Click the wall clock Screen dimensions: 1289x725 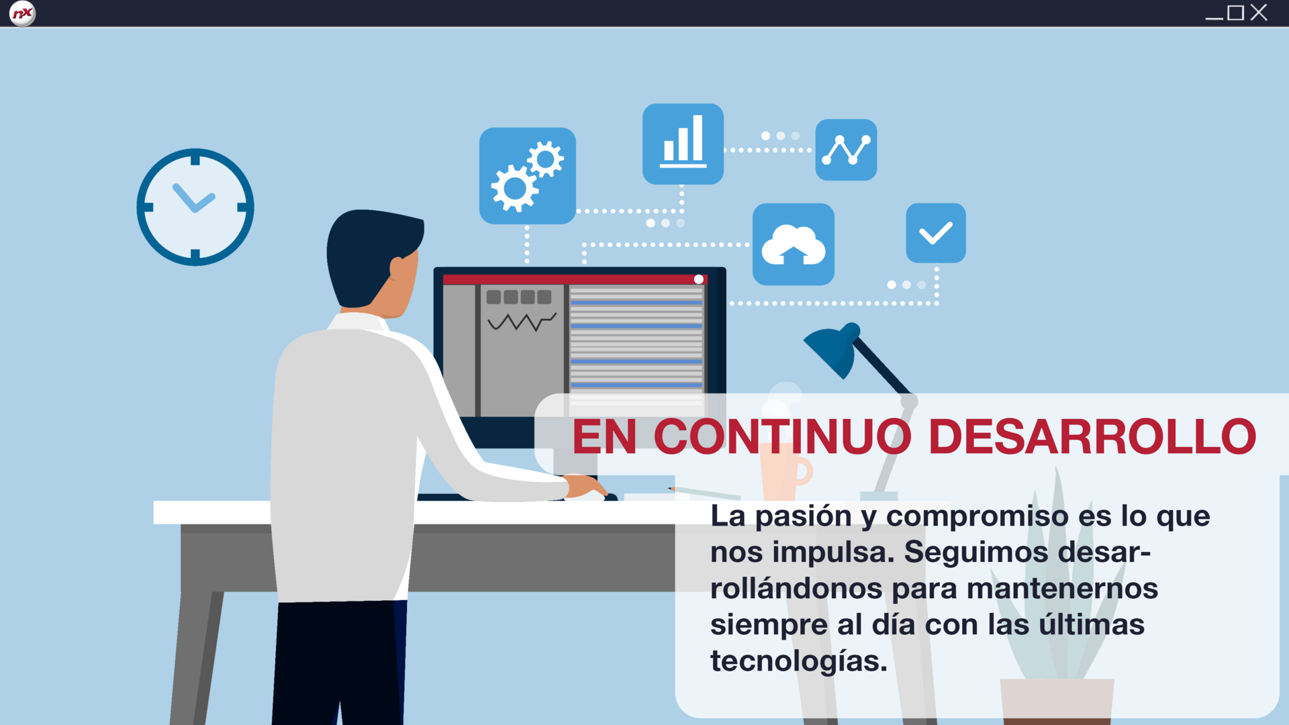(x=195, y=207)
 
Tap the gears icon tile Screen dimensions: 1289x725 (x=528, y=176)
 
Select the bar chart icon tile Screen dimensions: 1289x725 (x=683, y=144)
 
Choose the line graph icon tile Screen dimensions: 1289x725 (x=846, y=150)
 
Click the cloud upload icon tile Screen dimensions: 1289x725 (x=794, y=244)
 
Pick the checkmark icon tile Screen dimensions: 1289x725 (x=936, y=233)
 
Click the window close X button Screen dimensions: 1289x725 (x=1259, y=13)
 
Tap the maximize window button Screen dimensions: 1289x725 (x=1236, y=13)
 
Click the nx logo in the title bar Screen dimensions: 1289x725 (x=22, y=13)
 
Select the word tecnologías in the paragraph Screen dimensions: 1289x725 (x=799, y=662)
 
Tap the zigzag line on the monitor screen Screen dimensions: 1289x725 (x=522, y=322)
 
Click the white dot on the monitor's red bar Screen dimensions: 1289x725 (x=699, y=279)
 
